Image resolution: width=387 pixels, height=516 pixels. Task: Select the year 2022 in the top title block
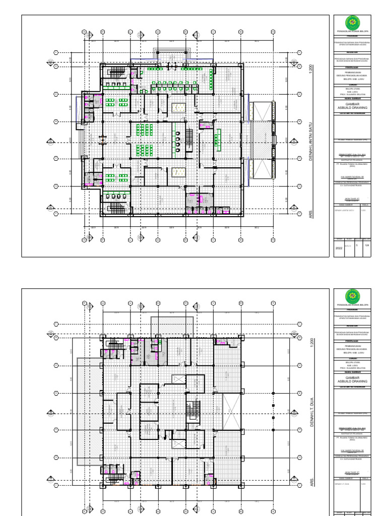339,248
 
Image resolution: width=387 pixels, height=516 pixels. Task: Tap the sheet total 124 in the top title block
367,245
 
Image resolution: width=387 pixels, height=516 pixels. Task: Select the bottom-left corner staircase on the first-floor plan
115,207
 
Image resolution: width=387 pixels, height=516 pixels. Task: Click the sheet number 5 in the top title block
357,245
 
